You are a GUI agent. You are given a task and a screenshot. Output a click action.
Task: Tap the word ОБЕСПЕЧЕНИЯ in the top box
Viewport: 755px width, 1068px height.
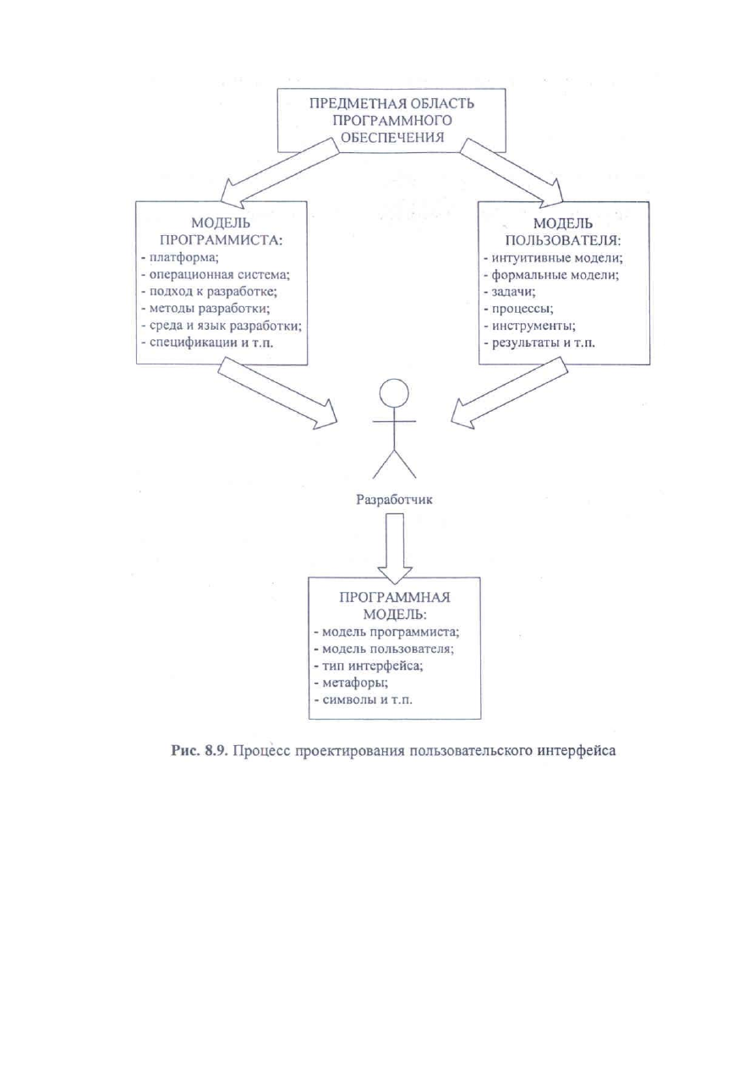coord(392,137)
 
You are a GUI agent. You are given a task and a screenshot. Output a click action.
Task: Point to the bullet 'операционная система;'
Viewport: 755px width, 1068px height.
coord(216,275)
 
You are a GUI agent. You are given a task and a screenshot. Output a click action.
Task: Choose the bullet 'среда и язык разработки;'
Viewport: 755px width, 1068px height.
coord(222,326)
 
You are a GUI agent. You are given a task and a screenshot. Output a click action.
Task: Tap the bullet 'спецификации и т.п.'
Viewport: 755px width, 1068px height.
coord(207,343)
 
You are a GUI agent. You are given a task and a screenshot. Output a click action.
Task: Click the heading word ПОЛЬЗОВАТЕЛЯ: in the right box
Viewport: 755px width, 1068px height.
coord(563,240)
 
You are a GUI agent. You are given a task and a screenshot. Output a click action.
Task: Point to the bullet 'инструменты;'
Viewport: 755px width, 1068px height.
coord(529,326)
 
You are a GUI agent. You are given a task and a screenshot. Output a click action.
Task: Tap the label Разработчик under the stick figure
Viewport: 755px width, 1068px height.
coord(395,500)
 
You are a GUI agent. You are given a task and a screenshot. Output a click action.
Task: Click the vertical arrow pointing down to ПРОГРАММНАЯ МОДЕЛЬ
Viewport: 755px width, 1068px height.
coord(395,548)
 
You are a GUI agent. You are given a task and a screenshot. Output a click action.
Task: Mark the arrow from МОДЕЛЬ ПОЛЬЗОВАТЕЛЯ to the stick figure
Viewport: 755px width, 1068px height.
coord(509,393)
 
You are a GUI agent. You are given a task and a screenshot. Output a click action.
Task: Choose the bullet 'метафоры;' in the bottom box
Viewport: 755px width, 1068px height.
coord(351,682)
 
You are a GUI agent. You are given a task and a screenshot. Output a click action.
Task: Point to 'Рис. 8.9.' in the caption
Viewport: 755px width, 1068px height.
coord(201,751)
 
